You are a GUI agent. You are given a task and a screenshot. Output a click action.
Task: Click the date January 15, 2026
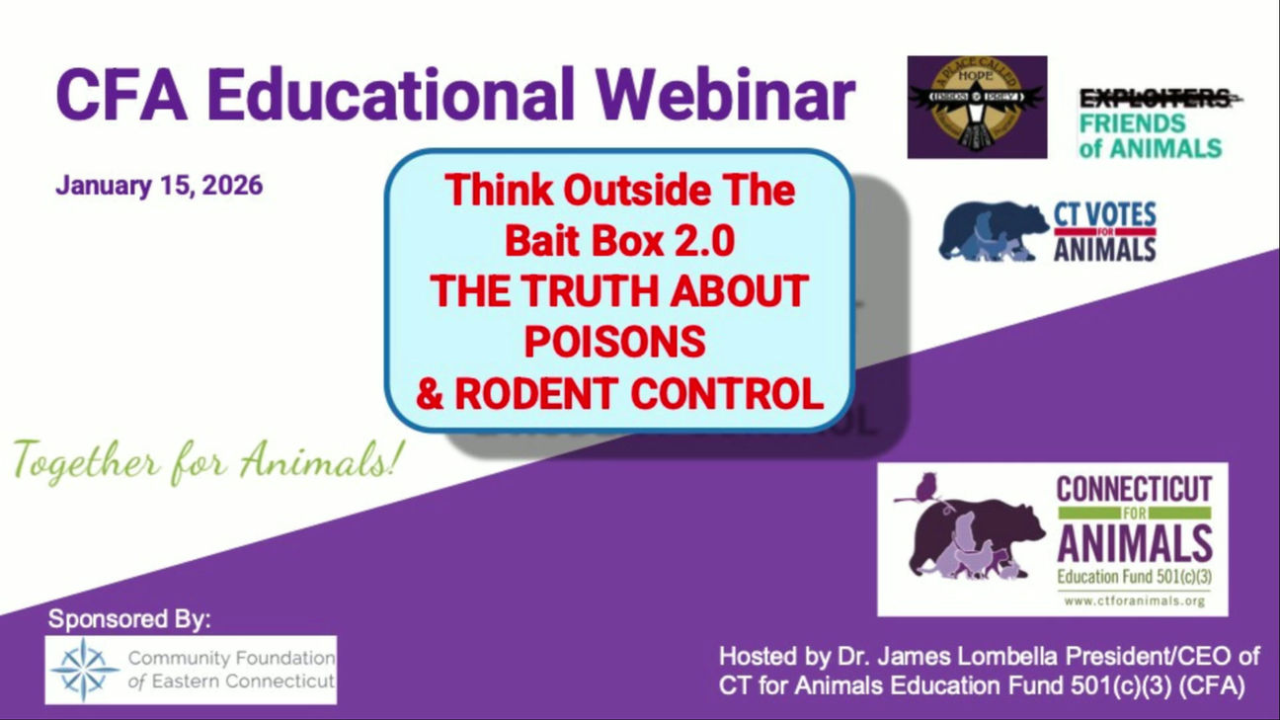point(159,186)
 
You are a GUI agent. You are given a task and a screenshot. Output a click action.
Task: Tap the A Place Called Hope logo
point(977,107)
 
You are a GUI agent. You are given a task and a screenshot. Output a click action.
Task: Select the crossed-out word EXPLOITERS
point(1154,99)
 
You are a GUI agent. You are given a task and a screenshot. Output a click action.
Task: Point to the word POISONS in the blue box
point(614,341)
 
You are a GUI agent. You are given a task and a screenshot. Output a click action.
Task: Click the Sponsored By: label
point(129,620)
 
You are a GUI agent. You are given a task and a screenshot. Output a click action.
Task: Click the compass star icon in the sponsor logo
point(85,670)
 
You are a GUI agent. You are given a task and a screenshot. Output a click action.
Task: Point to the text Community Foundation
point(231,658)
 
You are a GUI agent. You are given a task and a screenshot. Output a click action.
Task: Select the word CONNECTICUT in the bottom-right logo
point(1134,489)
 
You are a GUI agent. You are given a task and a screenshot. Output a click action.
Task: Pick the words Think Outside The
point(619,190)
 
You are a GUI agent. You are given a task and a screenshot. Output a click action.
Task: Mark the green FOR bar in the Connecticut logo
point(1134,514)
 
